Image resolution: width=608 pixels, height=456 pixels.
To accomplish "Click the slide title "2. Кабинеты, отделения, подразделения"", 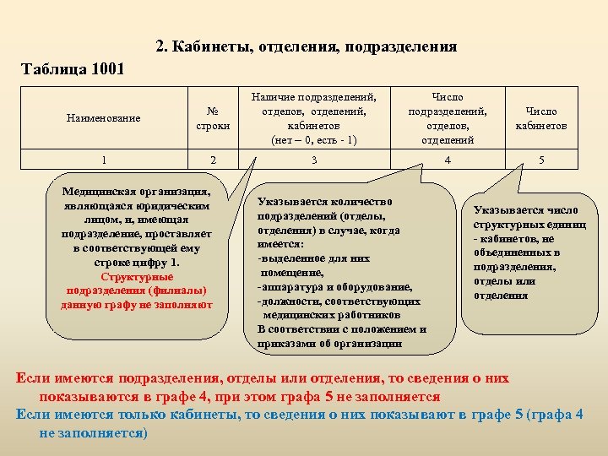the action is pos(307,46).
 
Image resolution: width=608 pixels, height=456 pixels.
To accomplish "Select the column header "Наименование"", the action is pos(103,118).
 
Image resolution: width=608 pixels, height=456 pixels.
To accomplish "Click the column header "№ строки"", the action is pos(213,118).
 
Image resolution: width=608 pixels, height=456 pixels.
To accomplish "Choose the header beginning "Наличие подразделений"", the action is pos(313,118).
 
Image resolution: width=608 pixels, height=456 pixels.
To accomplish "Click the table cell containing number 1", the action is pos(103,160).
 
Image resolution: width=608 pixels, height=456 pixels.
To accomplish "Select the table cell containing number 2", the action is pos(213,160).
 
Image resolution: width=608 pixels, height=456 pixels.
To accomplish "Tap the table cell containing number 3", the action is pos(313,160).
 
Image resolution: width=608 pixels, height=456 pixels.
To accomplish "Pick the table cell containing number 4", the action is pos(447,160).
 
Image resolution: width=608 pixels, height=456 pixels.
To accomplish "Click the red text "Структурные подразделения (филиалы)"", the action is pos(136,283).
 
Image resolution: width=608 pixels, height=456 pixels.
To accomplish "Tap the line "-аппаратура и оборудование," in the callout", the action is pos(334,287).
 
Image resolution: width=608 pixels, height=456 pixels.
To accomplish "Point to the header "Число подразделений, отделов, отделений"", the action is pos(447,118).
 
